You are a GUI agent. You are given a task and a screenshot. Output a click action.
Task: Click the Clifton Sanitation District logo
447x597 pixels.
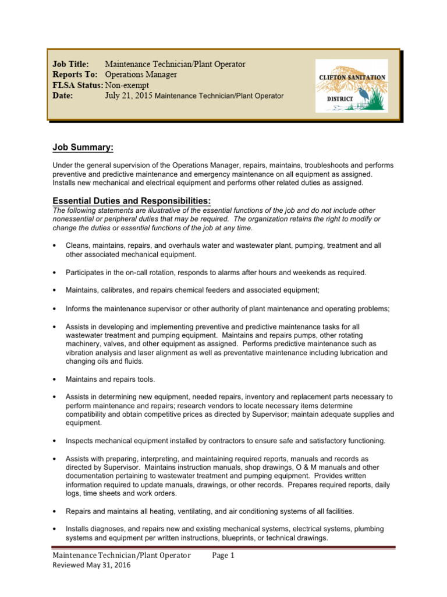[351, 86]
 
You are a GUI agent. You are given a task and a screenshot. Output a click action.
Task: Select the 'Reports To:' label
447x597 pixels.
[74, 75]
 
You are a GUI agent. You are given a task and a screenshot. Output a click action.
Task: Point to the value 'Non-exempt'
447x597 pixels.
[127, 85]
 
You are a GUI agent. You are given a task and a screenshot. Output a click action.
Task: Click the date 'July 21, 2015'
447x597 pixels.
[129, 96]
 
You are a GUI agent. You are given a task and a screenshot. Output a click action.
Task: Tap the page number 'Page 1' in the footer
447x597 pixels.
[223, 556]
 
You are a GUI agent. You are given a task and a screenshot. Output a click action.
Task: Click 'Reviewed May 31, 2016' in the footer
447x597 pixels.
[91, 566]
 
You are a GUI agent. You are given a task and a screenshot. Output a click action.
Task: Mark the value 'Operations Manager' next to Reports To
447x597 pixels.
[141, 75]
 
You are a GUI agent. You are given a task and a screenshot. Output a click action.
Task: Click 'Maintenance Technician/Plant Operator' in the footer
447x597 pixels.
[122, 556]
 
